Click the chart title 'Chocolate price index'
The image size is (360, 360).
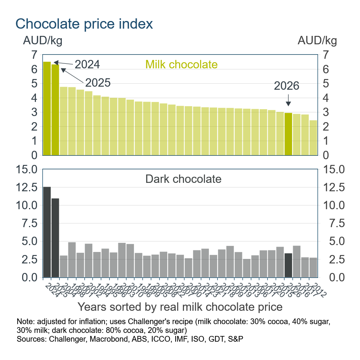pos(84,24)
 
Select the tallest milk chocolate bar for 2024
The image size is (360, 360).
pos(47,108)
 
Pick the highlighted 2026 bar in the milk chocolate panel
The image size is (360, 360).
pos(288,134)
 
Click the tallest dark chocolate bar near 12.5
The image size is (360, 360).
pos(47,232)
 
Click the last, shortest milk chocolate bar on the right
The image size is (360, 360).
pos(313,138)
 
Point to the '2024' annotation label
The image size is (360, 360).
pos(87,64)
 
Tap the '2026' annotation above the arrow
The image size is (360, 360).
pos(286,86)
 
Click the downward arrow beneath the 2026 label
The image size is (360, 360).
pos(288,101)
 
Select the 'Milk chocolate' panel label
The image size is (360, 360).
pos(181,64)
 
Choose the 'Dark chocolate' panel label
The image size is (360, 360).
pos(183,179)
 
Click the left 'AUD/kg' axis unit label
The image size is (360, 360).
pos(43,40)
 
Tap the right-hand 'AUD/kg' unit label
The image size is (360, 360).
pos(317,40)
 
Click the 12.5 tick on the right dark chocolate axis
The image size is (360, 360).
pos(334,187)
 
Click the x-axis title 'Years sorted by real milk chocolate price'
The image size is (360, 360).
pos(180,307)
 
